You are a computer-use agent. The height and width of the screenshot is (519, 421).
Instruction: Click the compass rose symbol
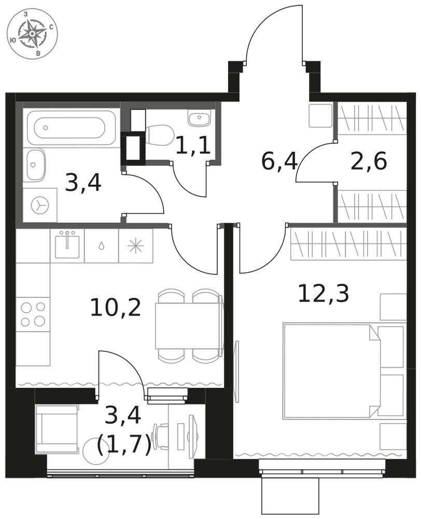[x=33, y=34]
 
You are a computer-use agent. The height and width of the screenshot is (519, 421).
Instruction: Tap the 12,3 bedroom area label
[x=323, y=294]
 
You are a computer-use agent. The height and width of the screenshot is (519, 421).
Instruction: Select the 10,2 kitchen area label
[x=116, y=307]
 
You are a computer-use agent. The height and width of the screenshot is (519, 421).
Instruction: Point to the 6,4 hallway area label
[x=279, y=161]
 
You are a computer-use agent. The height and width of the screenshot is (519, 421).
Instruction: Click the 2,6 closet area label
[x=369, y=161]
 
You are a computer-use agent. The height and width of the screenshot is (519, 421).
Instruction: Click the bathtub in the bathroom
[x=72, y=128]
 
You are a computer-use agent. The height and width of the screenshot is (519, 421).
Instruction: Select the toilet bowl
[x=160, y=135]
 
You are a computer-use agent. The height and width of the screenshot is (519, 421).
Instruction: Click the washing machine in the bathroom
[x=40, y=205]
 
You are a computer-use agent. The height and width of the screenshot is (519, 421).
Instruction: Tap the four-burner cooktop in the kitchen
[x=33, y=314]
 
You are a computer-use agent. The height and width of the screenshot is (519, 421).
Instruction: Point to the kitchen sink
[x=67, y=246]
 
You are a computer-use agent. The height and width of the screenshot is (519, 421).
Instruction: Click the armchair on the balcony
[x=58, y=429]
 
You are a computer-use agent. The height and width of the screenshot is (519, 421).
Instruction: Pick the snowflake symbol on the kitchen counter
[x=136, y=247]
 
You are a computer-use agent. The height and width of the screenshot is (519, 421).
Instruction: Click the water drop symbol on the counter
[x=102, y=246]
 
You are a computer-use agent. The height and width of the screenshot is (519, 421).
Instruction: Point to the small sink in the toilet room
[x=199, y=118]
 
